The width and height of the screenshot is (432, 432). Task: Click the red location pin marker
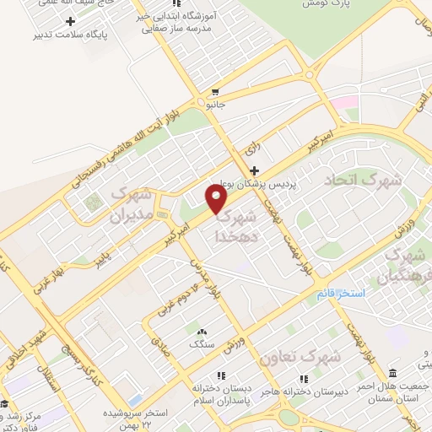coord(217,199)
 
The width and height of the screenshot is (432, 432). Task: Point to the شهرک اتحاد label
coord(353,180)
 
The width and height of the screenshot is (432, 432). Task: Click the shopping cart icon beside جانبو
coord(216,93)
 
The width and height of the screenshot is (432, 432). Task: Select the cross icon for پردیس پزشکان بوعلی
coord(254,170)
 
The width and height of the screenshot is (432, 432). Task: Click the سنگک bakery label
coord(201,343)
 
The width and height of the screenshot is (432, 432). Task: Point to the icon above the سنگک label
coord(201,330)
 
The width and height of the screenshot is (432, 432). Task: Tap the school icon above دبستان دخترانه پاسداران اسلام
coord(221,375)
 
